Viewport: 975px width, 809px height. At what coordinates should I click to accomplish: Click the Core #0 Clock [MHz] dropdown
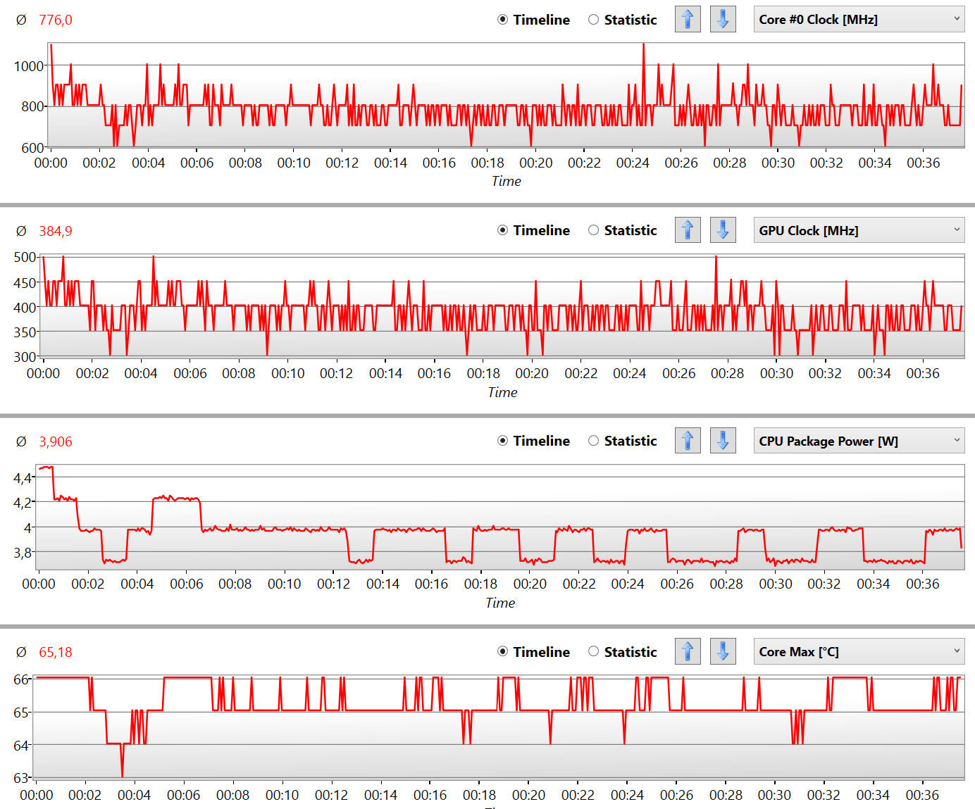pos(859,20)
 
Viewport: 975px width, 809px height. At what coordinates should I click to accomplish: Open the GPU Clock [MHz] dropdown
pos(859,230)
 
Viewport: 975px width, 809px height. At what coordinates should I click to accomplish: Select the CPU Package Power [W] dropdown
pos(859,441)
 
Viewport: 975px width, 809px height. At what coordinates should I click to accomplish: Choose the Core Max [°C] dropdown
pos(859,651)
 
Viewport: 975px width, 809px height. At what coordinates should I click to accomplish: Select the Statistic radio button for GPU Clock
pos(594,230)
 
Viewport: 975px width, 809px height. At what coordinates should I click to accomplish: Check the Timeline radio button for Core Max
pos(503,651)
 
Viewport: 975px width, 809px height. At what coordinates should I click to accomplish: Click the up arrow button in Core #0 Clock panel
pos(688,19)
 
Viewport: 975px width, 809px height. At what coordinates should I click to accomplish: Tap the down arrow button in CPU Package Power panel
pos(723,441)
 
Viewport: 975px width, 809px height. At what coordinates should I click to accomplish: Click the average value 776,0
pos(56,20)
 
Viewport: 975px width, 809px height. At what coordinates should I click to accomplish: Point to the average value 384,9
pos(56,231)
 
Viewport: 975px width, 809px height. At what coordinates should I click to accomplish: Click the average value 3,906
pos(56,441)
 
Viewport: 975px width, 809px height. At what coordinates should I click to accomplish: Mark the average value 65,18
pos(56,652)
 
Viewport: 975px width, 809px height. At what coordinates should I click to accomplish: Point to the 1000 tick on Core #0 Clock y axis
pos(29,66)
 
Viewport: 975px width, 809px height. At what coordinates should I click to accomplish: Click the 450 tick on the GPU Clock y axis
pos(25,282)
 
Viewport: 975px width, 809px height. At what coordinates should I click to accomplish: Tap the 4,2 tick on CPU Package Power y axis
pos(23,503)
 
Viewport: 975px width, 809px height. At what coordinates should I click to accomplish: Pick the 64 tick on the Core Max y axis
pos(21,745)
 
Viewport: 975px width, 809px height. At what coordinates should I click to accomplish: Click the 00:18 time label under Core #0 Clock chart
pos(487,163)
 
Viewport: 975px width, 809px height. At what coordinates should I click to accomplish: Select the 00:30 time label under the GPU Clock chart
pos(776,373)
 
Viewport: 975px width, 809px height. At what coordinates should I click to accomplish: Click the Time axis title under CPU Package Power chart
pos(500,603)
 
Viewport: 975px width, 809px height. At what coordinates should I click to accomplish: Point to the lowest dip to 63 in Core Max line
pos(123,775)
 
